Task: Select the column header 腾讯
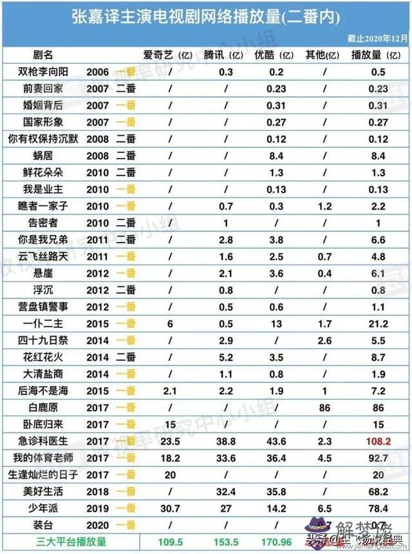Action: (219, 56)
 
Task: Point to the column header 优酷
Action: (271, 56)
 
